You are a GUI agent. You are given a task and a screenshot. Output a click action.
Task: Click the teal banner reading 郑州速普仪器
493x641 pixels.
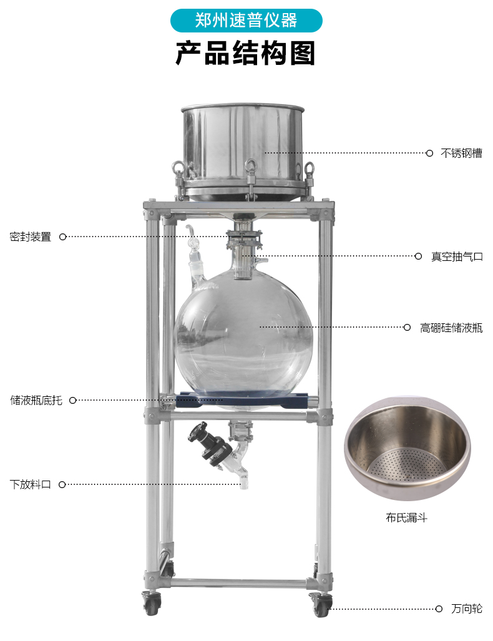pyautogui.click(x=246, y=21)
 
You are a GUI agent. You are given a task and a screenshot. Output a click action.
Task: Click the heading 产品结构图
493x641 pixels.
pyautogui.click(x=246, y=53)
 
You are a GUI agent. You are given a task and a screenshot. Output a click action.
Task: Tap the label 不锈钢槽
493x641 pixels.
pyautogui.click(x=461, y=154)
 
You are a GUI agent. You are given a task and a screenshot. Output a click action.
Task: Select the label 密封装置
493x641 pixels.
pyautogui.click(x=30, y=237)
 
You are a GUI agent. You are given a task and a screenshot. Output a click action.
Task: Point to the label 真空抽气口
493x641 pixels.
pyautogui.click(x=457, y=257)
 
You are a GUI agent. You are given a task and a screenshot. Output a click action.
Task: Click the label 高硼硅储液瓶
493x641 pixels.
pyautogui.click(x=451, y=328)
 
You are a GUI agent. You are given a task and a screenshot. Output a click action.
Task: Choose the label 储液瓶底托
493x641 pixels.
pyautogui.click(x=36, y=400)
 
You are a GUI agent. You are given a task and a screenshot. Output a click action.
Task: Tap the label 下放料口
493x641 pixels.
pyautogui.click(x=30, y=485)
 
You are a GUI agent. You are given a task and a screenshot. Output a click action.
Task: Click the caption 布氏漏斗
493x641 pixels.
pyautogui.click(x=406, y=518)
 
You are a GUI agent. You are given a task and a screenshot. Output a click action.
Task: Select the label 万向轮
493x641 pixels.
pyautogui.click(x=467, y=609)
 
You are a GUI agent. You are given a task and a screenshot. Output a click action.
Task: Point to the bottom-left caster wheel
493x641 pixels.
pyautogui.click(x=152, y=603)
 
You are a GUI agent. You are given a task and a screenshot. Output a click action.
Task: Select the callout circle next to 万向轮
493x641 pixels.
pyautogui.click(x=439, y=609)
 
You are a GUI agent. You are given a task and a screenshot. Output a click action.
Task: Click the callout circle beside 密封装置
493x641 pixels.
pyautogui.click(x=63, y=237)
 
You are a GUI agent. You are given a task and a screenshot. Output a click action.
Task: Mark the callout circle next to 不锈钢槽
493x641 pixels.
pyautogui.click(x=429, y=154)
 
